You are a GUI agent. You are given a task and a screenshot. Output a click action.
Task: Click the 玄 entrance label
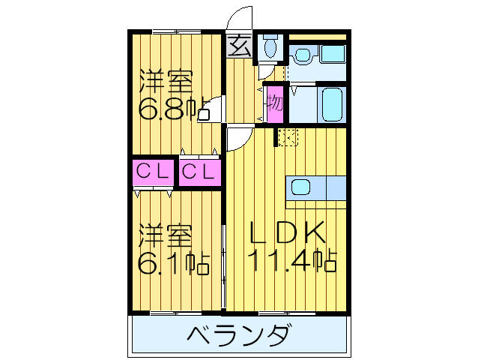coord(239,47)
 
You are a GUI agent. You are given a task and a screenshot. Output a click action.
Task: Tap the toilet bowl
coord(270,49)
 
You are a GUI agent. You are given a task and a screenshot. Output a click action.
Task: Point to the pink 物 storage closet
coord(275,102)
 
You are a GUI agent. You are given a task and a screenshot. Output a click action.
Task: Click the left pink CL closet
coord(153,172)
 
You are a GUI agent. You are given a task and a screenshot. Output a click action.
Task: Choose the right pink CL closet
coord(200,172)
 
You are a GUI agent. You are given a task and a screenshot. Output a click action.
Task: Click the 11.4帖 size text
coord(291,261)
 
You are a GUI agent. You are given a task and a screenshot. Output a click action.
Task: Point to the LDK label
coord(288,233)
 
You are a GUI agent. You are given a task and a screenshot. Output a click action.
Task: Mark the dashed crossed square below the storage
coord(287,137)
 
